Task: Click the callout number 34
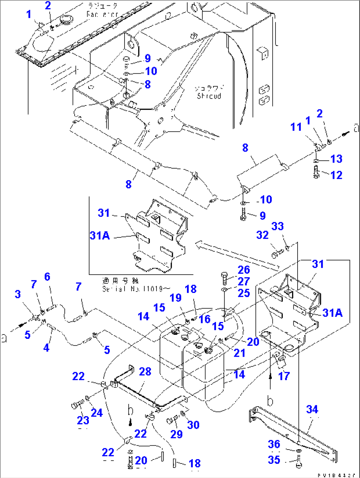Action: [x=312, y=409]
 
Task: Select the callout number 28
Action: [x=145, y=372]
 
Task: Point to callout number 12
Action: [x=336, y=175]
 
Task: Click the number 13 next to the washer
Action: [x=336, y=159]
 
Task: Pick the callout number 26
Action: [x=244, y=270]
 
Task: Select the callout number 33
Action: [x=277, y=226]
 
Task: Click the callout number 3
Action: [x=18, y=294]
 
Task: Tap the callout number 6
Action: [x=47, y=277]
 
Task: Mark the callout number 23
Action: [x=83, y=420]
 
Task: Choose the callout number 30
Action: [x=193, y=425]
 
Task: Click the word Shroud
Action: [x=209, y=96]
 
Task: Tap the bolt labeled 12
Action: [x=316, y=172]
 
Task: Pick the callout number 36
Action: [x=274, y=444]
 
